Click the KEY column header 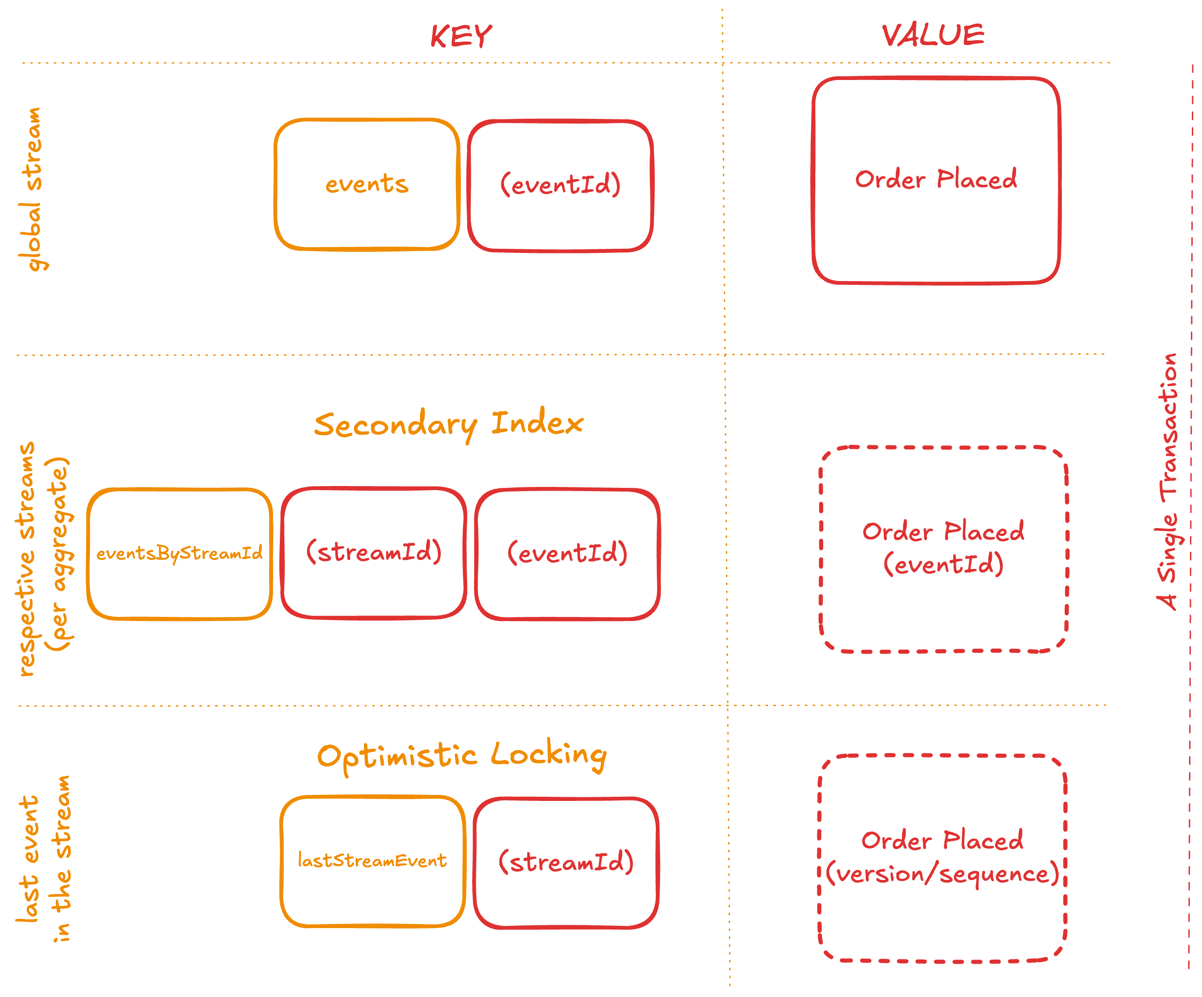[461, 37]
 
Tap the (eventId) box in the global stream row [561, 185]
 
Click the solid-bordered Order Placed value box [936, 180]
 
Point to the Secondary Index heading [448, 424]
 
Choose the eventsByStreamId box [179, 554]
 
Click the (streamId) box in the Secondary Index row [374, 552]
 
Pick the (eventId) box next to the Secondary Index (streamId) [567, 554]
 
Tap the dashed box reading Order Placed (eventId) [943, 548]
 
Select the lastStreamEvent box [372, 861]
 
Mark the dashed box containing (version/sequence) [942, 857]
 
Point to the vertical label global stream [31, 189]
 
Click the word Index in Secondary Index [537, 424]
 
